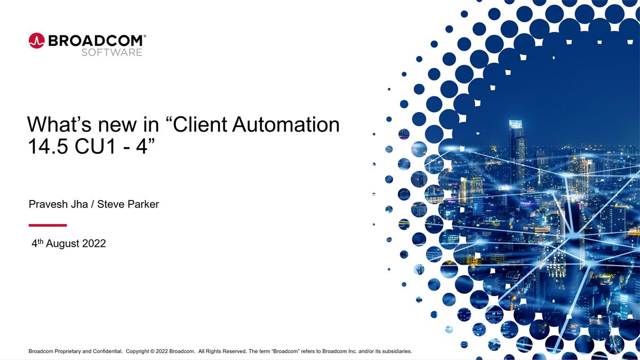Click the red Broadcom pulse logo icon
point(37,41)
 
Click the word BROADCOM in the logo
point(95,41)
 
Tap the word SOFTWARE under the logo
point(111,52)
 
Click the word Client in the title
point(202,125)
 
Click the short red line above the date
point(47,225)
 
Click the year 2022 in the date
point(94,244)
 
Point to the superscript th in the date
point(40,241)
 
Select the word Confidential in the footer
point(106,351)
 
